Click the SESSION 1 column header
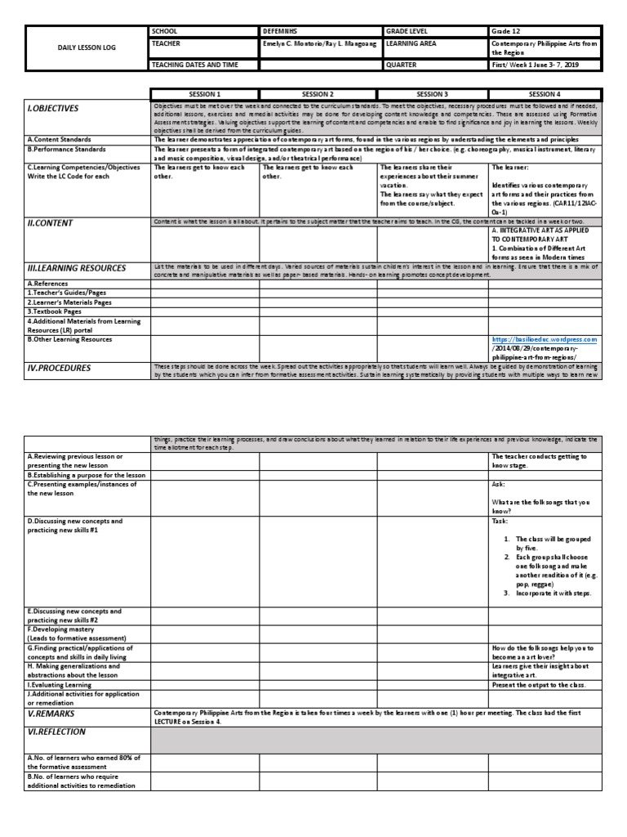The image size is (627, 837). (205, 94)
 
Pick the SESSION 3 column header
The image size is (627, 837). (433, 94)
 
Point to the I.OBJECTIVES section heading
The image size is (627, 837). (54, 108)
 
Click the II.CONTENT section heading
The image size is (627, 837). (51, 222)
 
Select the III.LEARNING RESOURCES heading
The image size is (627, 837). (77, 267)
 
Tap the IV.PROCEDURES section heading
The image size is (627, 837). (59, 368)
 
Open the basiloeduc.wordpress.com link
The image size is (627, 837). (545, 339)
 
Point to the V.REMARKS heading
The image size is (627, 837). (53, 713)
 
